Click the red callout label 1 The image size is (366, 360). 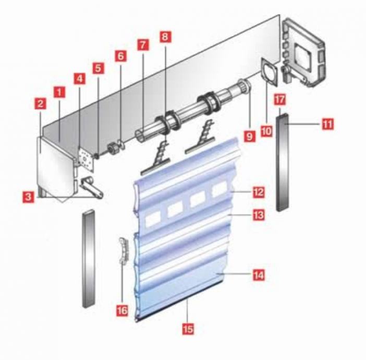point(59,92)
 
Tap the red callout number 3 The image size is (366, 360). point(28,197)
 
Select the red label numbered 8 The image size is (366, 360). point(165,37)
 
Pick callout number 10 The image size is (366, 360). point(266,131)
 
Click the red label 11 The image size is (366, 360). point(328,124)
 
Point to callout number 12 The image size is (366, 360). point(259,192)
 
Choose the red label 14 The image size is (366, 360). point(259,275)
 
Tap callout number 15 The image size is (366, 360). point(188,329)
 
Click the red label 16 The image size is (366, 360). point(122,311)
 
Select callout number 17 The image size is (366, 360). point(280,100)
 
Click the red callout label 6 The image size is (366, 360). point(120,56)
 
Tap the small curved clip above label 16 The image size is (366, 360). point(124,250)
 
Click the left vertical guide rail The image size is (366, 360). point(89,258)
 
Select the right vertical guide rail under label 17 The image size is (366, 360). point(283,162)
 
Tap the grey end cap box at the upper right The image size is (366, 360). point(303,53)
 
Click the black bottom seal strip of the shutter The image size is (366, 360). point(180,301)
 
